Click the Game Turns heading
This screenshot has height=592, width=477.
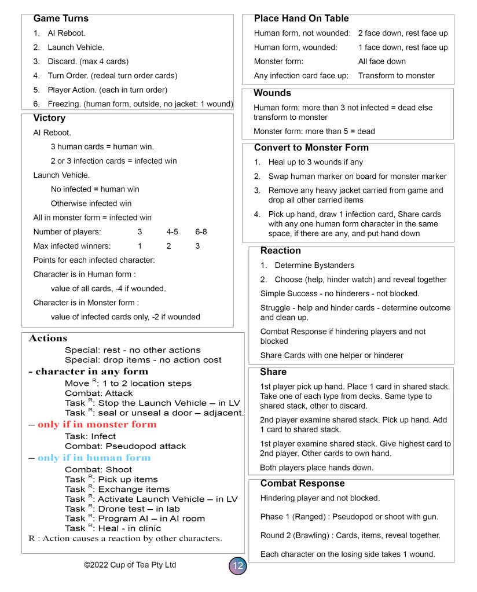pyautogui.click(x=61, y=19)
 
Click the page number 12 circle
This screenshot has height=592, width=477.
pyautogui.click(x=237, y=565)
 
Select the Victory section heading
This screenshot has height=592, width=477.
pyautogui.click(x=49, y=118)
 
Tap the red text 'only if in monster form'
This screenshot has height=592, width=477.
pyautogui.click(x=97, y=424)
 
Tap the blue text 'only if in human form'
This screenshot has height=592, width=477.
pyautogui.click(x=94, y=458)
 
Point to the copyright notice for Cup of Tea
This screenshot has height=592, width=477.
pyautogui.click(x=130, y=565)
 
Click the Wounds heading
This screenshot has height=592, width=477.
pyautogui.click(x=272, y=93)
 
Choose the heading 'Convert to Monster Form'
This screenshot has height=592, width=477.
pyautogui.click(x=311, y=148)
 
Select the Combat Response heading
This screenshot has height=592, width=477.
pyautogui.click(x=302, y=483)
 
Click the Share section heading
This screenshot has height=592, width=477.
pyautogui.click(x=273, y=372)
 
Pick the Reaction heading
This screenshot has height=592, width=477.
pyautogui.click(x=280, y=251)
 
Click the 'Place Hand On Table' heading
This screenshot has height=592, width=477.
pyautogui.click(x=301, y=19)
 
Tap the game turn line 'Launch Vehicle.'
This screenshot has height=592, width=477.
pyautogui.click(x=76, y=47)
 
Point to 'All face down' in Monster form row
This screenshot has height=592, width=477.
pyautogui.click(x=381, y=61)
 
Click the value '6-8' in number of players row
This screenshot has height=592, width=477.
pyautogui.click(x=201, y=231)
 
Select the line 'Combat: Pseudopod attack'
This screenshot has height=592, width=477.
pyautogui.click(x=125, y=446)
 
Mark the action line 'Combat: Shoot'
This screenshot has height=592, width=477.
pyautogui.click(x=98, y=470)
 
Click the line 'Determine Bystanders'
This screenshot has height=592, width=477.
pyautogui.click(x=314, y=265)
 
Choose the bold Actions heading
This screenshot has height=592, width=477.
pyautogui.click(x=48, y=338)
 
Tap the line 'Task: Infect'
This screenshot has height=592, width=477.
pyautogui.click(x=90, y=436)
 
